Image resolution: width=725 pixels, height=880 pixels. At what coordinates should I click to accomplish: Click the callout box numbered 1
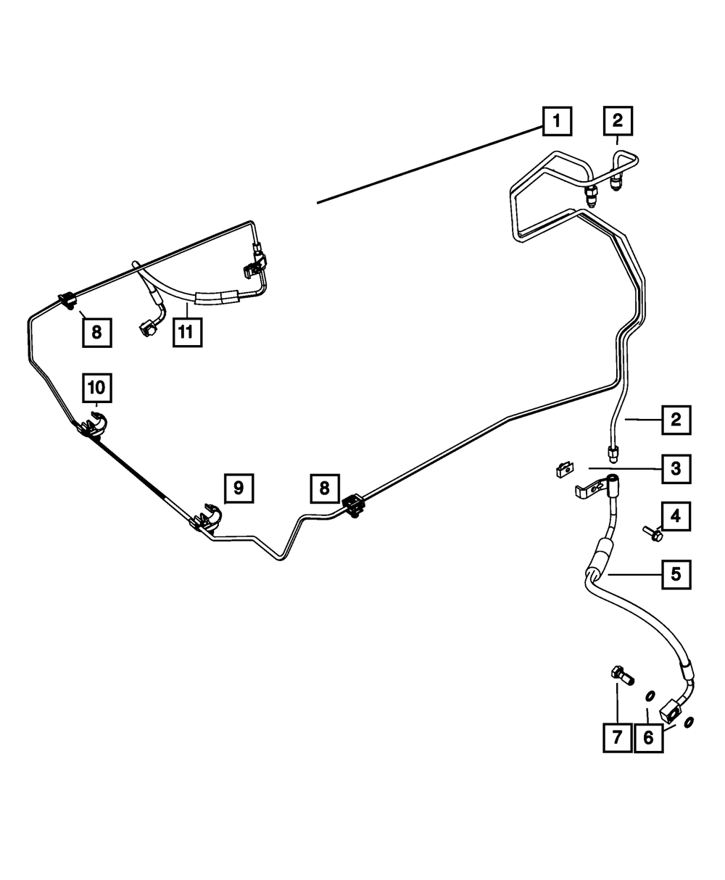pos(556,121)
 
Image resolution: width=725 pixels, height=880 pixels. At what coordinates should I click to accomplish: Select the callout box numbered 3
pos(675,469)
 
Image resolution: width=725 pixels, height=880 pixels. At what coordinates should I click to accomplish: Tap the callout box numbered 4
pos(675,517)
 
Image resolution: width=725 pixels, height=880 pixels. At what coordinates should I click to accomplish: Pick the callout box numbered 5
pos(675,575)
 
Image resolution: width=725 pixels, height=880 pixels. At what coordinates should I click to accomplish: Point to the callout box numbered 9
pos(239,488)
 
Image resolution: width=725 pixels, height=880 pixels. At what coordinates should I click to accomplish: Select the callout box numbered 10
pos(97,388)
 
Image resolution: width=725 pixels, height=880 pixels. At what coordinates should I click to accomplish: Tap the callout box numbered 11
pos(187,332)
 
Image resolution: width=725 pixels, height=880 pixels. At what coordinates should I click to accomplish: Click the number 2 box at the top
pos(617,121)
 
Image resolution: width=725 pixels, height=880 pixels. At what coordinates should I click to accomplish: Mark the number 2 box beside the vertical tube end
pos(675,419)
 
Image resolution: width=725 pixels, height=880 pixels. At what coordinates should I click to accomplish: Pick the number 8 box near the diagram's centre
pos(325,488)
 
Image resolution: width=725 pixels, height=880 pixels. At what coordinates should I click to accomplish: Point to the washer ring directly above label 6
pos(650,697)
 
